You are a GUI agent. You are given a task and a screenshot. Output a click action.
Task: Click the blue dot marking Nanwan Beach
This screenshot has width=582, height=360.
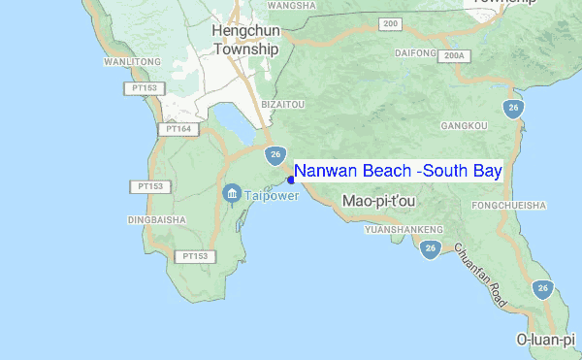291,180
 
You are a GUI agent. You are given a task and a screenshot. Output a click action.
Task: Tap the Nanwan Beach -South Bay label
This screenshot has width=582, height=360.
398,172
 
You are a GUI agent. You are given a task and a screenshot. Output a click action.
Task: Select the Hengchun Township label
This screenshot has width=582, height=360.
244,40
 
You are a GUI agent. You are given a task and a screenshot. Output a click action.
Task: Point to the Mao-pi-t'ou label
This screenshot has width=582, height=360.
379,201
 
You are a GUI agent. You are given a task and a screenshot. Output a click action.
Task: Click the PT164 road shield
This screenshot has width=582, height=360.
178,128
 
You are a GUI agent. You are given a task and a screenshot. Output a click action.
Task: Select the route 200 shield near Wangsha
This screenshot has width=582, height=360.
391,23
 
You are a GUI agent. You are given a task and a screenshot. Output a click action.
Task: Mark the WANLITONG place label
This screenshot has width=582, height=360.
132,62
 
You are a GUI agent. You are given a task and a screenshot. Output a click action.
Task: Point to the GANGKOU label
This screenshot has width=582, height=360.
464,126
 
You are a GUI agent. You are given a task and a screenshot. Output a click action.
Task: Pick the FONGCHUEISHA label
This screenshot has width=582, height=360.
508,206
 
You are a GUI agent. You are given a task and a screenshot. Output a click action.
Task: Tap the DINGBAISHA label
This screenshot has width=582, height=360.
156,220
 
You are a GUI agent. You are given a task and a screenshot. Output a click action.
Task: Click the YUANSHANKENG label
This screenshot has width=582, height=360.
404,230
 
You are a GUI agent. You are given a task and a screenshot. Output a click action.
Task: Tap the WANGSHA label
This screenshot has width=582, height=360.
293,5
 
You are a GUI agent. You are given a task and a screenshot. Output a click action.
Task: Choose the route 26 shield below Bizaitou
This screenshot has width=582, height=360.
276,153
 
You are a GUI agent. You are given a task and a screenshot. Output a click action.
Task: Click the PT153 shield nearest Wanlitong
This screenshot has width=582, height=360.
142,88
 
